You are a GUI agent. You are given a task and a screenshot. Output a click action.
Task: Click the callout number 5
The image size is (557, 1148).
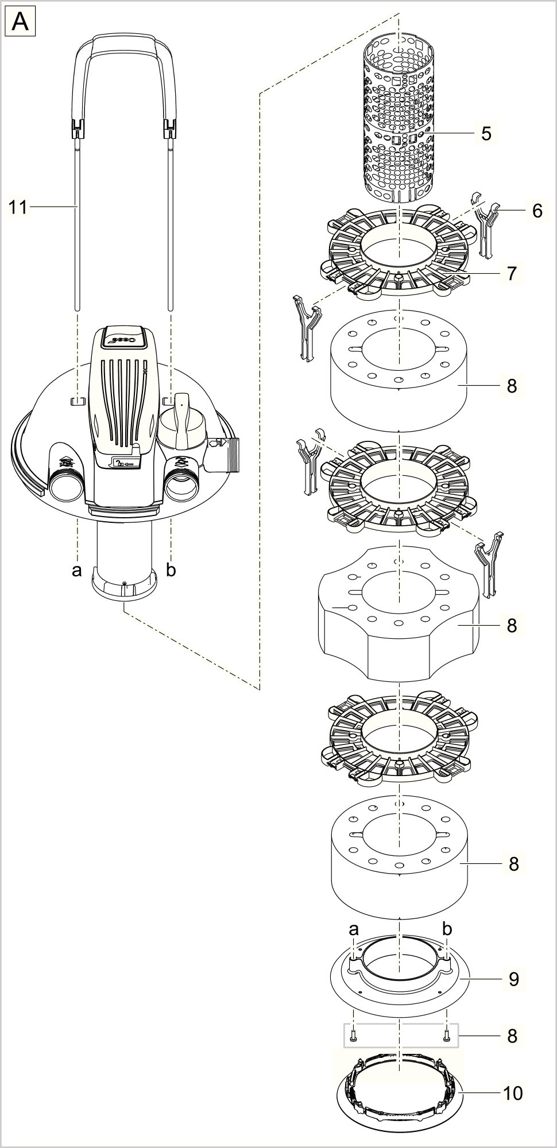[x=486, y=134]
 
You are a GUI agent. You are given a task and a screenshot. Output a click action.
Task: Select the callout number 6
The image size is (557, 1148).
[x=537, y=211]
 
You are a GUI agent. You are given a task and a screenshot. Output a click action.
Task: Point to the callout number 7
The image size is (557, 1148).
[x=512, y=273]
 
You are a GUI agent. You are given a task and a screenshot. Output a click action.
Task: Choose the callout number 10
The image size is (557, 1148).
[x=512, y=1093]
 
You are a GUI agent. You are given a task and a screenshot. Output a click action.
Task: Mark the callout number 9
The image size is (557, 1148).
[x=513, y=978]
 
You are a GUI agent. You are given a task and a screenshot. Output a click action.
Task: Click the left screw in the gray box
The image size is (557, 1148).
[x=354, y=1036]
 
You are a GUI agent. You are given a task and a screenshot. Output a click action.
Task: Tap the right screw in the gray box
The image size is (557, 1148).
[x=446, y=1036]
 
